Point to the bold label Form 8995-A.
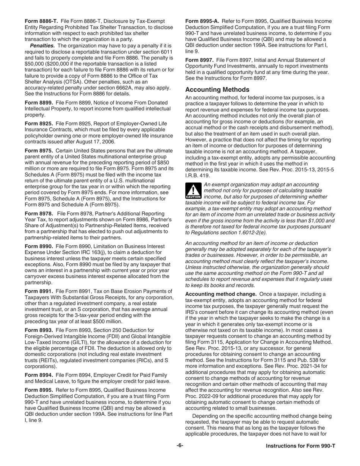coord(202,21)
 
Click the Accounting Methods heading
coord(217,90)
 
